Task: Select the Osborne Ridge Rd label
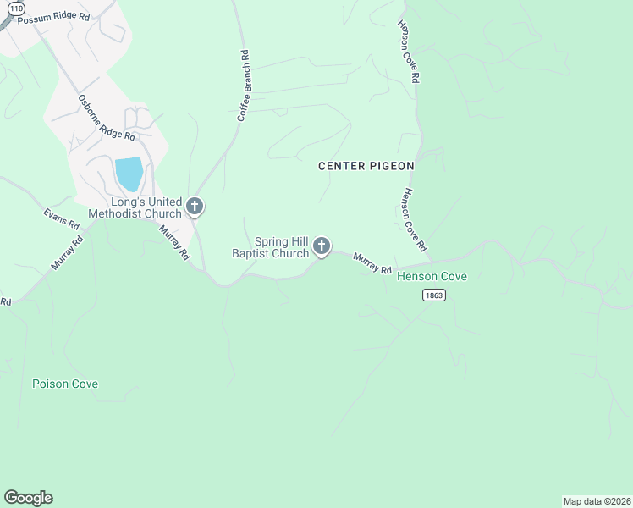106,117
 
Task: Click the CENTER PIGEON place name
366,166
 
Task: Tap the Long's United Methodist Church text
135,207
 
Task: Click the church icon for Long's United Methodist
195,206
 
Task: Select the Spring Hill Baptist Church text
271,247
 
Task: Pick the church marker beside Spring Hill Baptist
321,246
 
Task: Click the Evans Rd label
61,216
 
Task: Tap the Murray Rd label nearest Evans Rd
67,252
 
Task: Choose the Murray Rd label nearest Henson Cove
372,263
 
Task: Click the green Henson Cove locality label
432,277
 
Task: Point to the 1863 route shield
433,295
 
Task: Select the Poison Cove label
65,384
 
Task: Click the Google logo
28,498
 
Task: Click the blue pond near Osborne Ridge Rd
129,174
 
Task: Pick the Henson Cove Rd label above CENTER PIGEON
410,52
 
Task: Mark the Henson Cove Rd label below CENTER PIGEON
413,219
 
